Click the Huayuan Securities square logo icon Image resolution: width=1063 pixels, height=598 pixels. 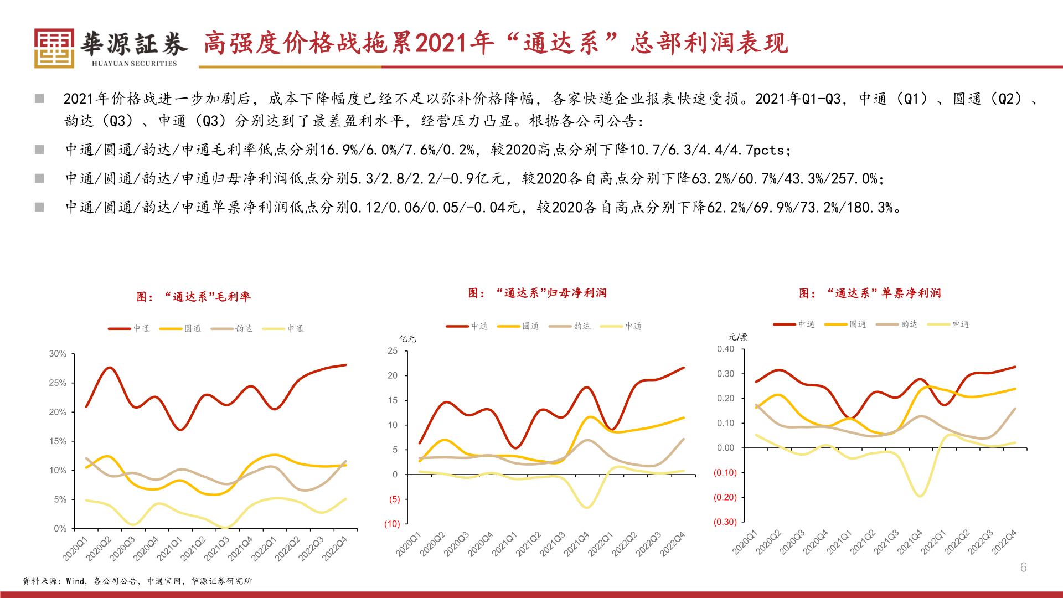point(54,48)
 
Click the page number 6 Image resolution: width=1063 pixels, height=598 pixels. point(1023,567)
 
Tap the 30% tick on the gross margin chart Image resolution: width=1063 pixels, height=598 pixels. point(58,354)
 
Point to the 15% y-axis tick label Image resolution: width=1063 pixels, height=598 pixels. point(58,441)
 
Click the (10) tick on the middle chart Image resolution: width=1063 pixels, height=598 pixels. point(392,524)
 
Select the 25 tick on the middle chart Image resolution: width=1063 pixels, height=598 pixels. point(393,351)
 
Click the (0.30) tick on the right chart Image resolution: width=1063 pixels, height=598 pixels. point(725,522)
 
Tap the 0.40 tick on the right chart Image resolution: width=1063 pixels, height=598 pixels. point(725,349)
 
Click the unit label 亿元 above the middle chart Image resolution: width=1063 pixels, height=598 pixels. point(407,339)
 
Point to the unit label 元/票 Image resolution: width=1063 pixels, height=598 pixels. point(738,337)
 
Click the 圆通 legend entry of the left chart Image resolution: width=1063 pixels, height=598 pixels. point(180,328)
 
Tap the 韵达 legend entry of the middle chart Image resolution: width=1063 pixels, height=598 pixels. point(570,326)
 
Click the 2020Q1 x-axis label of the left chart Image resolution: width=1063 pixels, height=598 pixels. point(75,548)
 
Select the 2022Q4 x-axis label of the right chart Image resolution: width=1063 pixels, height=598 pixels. point(1004,542)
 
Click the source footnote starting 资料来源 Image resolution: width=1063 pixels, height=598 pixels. point(137,581)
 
